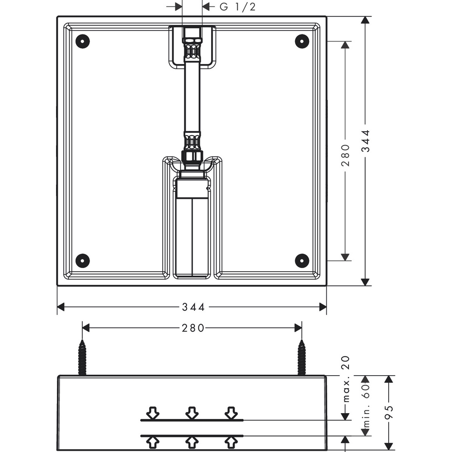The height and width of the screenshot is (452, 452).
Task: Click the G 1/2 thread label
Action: click(x=238, y=7)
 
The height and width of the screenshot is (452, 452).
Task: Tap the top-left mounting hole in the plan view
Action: click(x=83, y=41)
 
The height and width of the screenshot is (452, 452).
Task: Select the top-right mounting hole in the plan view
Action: click(x=302, y=41)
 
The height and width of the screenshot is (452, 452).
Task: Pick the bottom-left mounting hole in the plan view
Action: click(x=83, y=261)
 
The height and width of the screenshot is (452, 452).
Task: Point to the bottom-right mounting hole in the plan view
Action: click(x=302, y=261)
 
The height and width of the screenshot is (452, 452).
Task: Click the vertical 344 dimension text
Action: click(x=366, y=141)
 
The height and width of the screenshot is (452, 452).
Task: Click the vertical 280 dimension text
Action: click(x=345, y=155)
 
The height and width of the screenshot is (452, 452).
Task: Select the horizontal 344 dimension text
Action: click(x=193, y=307)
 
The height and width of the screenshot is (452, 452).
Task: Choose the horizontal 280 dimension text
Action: click(x=193, y=328)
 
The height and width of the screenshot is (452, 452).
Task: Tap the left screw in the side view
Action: click(x=82, y=358)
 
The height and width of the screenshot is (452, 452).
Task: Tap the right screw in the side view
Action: click(x=302, y=358)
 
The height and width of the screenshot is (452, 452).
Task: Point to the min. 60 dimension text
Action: click(x=366, y=406)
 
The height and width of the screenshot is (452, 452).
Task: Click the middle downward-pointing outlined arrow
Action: click(x=192, y=413)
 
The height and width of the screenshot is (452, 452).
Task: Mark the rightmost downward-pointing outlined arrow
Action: click(x=231, y=413)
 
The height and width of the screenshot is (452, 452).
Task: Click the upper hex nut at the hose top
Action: click(x=192, y=33)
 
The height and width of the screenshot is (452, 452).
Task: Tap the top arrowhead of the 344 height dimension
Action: click(x=365, y=20)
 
